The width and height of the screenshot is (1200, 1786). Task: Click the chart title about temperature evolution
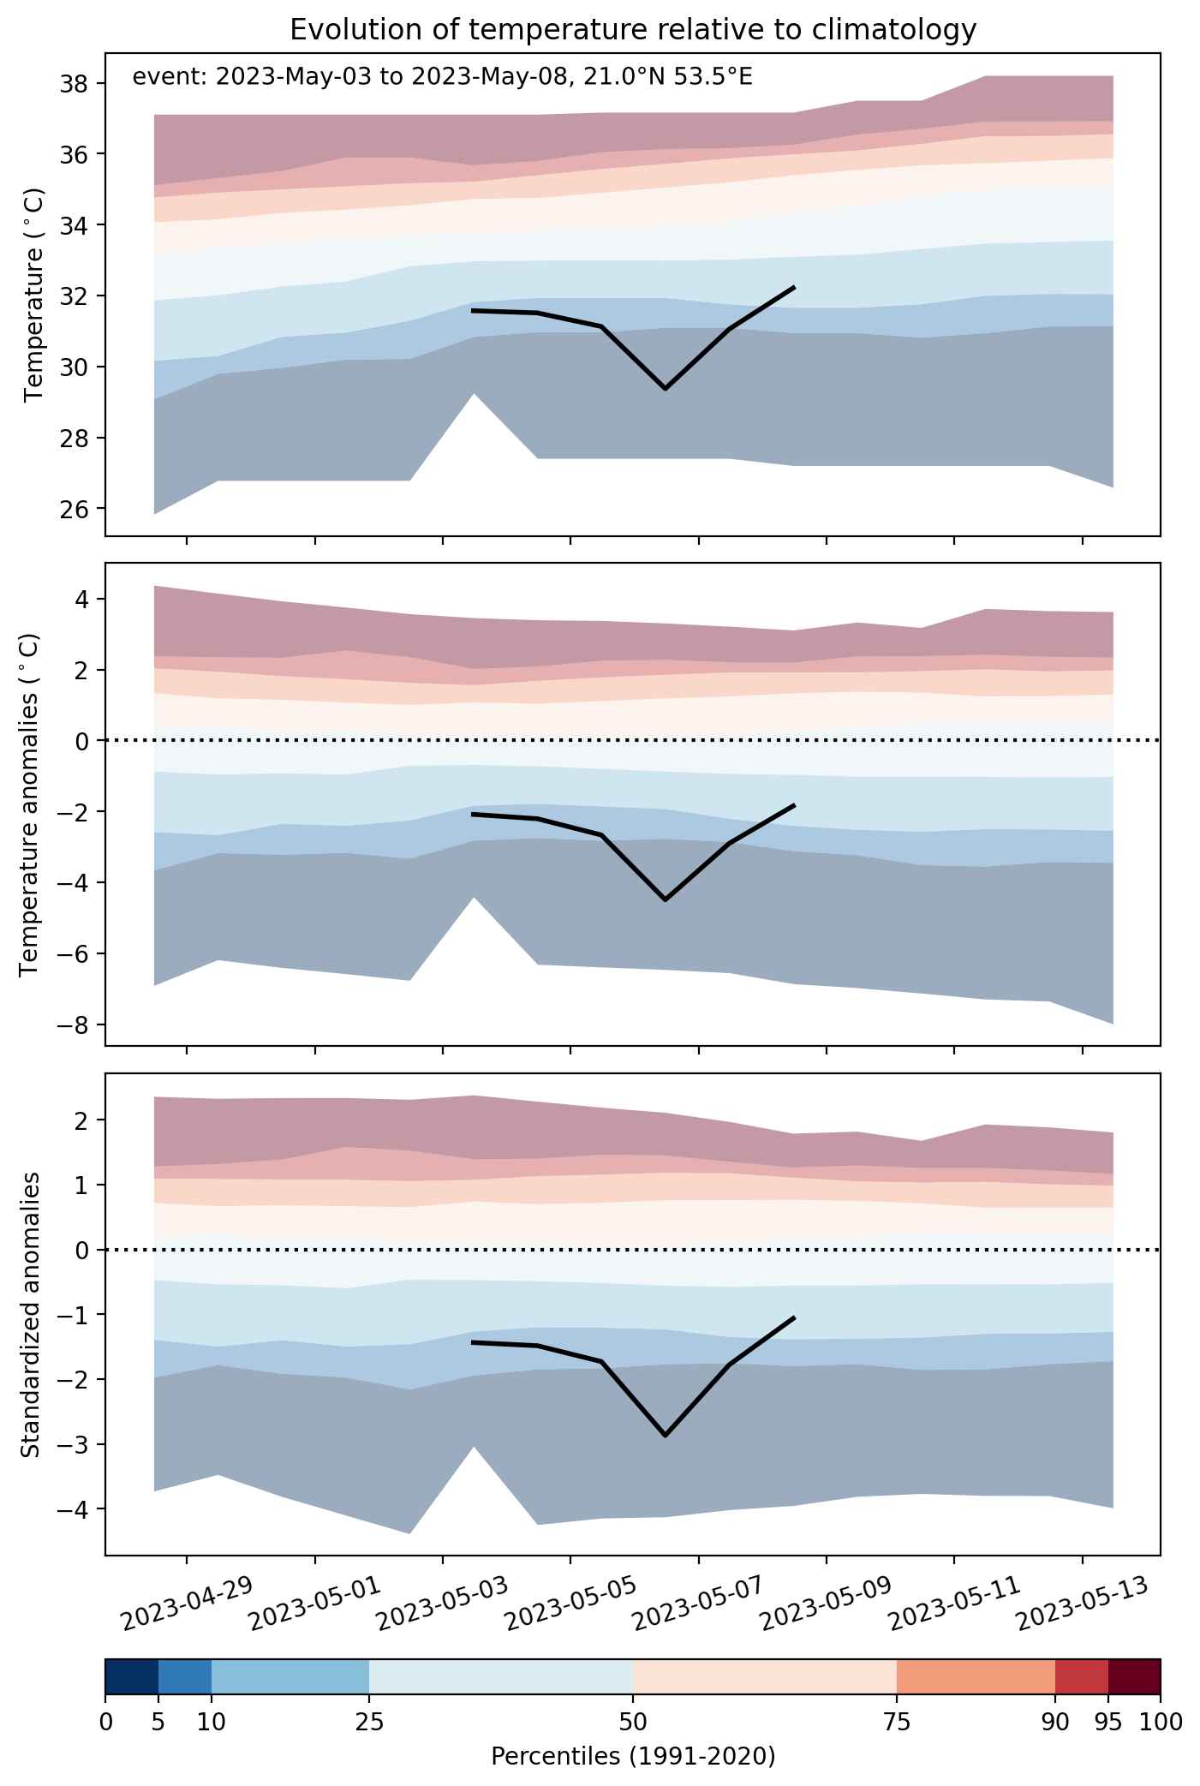[633, 30]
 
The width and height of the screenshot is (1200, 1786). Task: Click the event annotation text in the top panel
[443, 77]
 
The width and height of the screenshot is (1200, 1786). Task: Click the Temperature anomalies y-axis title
[29, 803]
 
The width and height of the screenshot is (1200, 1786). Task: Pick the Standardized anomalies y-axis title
[30, 1314]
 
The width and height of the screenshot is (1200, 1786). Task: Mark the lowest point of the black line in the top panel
[666, 389]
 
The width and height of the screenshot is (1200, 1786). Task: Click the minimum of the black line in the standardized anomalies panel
[666, 1435]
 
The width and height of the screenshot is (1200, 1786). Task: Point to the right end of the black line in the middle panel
[795, 805]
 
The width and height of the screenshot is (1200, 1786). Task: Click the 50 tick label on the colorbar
[633, 1721]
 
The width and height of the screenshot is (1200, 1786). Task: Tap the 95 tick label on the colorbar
[1108, 1721]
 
